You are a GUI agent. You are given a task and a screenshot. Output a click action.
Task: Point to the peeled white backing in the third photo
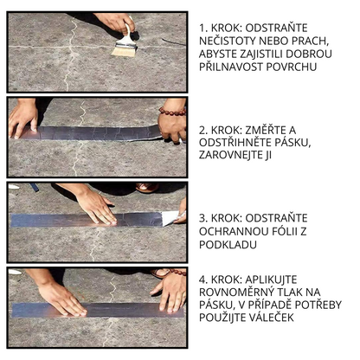[x=170, y=217]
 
